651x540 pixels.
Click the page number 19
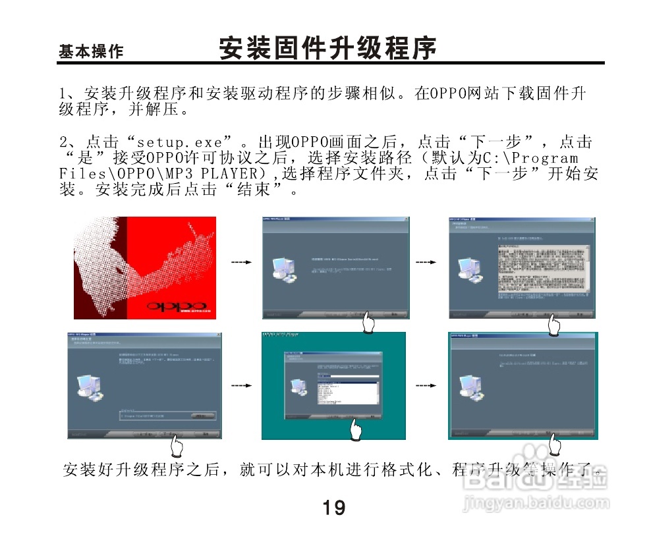pos(334,508)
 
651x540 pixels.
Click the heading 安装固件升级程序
pos(327,49)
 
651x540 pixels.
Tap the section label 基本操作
pos(90,52)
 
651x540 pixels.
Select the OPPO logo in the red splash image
pos(176,306)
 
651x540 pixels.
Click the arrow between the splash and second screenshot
pos(242,262)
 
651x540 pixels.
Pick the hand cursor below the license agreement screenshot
pos(554,324)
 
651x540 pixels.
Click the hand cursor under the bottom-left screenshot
pos(176,448)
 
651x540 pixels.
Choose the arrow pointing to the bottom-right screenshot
pos(426,384)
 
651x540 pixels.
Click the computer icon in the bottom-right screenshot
pos(470,388)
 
